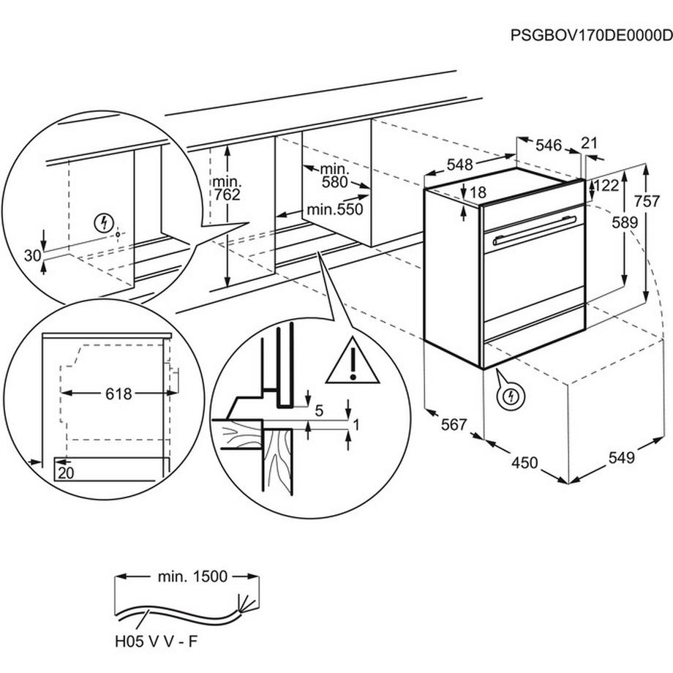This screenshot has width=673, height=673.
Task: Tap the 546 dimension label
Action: click(549, 146)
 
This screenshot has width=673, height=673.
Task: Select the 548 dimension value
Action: click(459, 165)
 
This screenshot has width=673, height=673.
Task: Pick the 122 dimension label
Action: click(606, 186)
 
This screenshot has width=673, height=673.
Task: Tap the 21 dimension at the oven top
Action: click(589, 143)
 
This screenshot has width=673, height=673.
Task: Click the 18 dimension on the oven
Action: click(478, 193)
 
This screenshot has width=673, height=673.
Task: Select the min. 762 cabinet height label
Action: click(227, 187)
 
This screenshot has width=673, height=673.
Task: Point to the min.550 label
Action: click(334, 209)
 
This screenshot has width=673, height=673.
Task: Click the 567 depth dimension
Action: click(454, 424)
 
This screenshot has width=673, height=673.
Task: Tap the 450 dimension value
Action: click(525, 462)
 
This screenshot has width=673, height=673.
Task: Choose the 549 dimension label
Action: click(620, 458)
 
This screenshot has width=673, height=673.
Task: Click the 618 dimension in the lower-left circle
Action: click(118, 394)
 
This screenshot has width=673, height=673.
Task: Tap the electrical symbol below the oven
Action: click(512, 397)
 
